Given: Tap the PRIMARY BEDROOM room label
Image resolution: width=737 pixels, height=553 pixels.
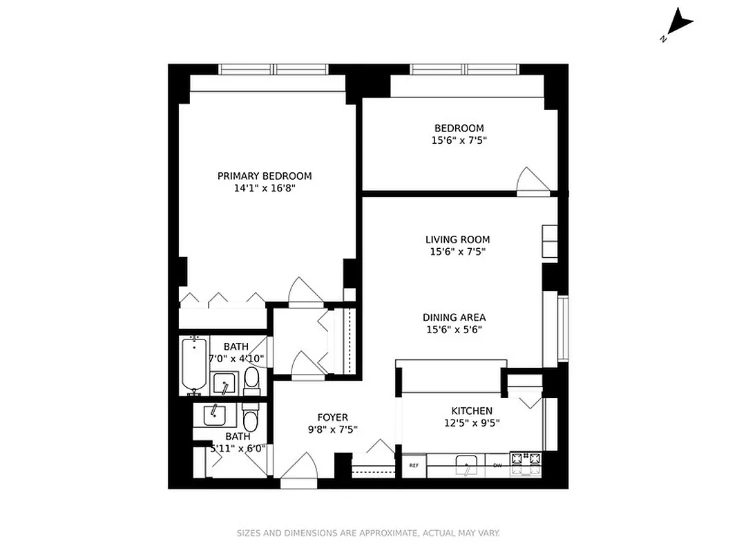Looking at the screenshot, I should (x=265, y=176).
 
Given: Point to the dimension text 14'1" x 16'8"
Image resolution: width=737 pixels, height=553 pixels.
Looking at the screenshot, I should (x=265, y=188).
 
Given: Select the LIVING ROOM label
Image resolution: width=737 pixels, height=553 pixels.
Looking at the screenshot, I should (x=457, y=240).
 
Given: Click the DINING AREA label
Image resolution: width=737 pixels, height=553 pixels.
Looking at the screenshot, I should (x=454, y=318).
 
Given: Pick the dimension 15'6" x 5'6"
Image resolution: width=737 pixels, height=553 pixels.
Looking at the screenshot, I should (x=454, y=330).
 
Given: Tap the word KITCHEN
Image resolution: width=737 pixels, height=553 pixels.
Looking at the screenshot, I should (x=472, y=411).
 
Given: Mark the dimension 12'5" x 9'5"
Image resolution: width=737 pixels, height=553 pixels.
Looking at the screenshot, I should (x=472, y=422).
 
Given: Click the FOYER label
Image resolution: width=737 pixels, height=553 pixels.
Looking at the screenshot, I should (x=332, y=418).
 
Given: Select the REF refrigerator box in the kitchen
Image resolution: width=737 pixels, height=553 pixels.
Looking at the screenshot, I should (x=414, y=466).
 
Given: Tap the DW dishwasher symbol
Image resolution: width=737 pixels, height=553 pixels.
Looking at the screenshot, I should (x=497, y=465).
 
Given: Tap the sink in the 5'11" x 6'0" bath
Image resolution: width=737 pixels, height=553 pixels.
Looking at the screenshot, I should (x=215, y=415).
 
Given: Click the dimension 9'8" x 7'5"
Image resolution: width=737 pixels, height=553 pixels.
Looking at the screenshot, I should (x=332, y=429).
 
